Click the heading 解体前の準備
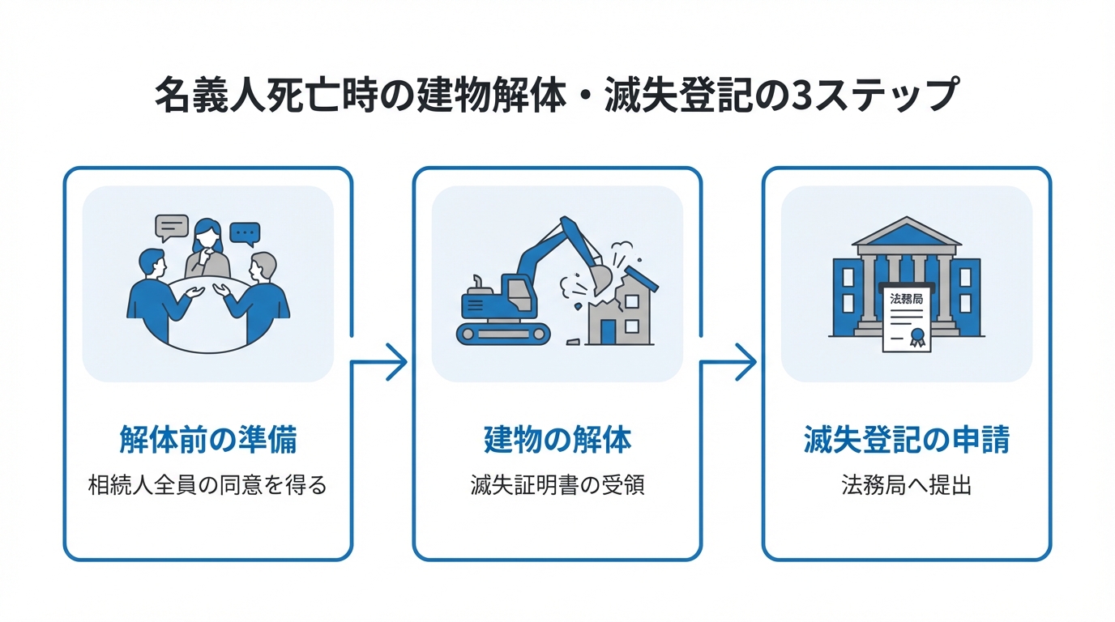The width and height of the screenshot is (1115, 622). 207,441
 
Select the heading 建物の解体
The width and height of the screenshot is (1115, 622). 557,441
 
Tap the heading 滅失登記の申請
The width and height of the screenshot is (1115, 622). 906,441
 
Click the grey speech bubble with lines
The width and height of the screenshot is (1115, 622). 171,228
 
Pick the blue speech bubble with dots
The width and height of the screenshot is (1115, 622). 245,233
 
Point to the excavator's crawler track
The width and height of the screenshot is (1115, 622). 503,332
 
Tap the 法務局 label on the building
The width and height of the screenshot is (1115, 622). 906,299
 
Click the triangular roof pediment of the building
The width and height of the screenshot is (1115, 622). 906,232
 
